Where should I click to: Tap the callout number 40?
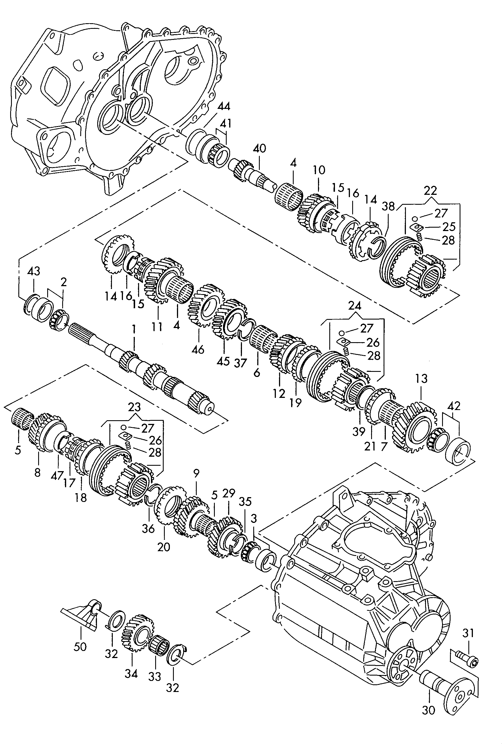tap(259, 149)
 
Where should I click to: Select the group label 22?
tap(430, 191)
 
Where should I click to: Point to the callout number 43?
tap(34, 271)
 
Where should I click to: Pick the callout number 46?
tap(198, 349)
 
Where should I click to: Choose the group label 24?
tap(354, 306)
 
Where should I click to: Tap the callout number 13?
tap(421, 379)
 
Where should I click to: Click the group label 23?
tap(134, 407)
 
